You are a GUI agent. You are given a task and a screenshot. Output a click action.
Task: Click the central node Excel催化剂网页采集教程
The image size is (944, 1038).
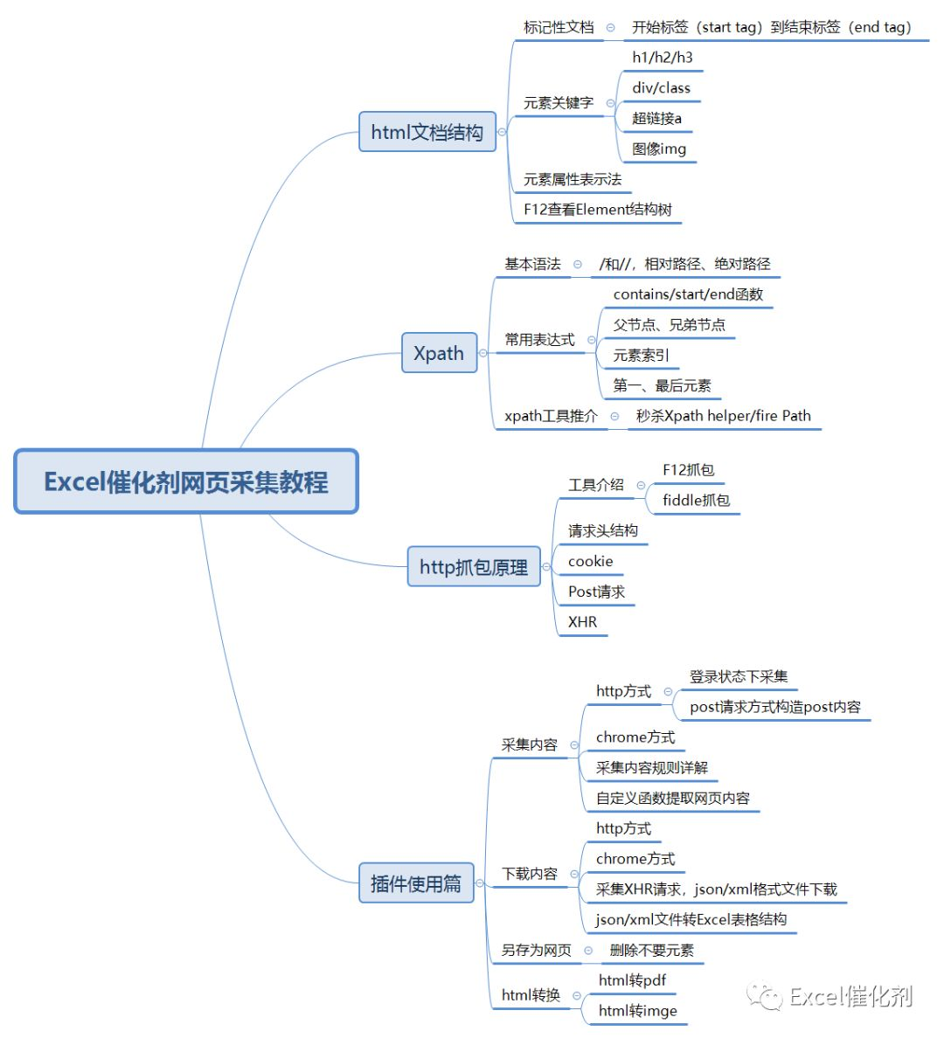(186, 481)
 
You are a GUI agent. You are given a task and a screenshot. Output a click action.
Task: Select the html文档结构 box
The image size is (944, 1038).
(427, 132)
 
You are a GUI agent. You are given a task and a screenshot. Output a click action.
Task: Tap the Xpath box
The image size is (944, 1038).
(439, 353)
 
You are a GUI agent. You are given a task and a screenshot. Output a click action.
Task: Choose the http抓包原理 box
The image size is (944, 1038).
(474, 567)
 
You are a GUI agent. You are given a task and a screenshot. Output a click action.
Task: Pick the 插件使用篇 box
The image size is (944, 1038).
(416, 883)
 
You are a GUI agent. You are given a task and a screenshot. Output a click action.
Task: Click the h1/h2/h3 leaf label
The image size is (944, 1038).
(663, 58)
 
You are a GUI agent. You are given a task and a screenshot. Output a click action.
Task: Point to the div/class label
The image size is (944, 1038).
(661, 88)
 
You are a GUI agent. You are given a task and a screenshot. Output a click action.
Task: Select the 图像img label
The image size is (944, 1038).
(659, 149)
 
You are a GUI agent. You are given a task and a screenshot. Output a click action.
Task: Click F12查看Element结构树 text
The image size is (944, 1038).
(598, 210)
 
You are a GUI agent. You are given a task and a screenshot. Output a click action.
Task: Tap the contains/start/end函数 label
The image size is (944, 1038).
(688, 294)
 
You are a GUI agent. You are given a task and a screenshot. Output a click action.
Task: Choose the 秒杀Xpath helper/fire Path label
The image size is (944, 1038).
(724, 416)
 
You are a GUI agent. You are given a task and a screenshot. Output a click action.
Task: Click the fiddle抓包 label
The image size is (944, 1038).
(697, 501)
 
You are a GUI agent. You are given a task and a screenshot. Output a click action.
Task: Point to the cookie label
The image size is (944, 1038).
(590, 561)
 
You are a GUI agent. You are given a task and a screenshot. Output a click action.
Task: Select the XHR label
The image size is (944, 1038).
(582, 622)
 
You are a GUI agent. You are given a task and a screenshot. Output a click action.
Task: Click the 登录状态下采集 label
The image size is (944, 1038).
(739, 676)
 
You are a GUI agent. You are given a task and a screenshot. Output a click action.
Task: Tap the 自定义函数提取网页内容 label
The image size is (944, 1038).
(673, 799)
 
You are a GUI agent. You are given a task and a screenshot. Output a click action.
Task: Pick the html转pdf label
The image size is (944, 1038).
(632, 980)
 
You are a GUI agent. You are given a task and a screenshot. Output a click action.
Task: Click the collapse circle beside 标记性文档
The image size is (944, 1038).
(611, 28)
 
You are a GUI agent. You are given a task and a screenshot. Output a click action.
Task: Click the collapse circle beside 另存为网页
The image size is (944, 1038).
(588, 951)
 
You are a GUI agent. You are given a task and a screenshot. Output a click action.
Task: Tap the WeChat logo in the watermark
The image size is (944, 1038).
(764, 996)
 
